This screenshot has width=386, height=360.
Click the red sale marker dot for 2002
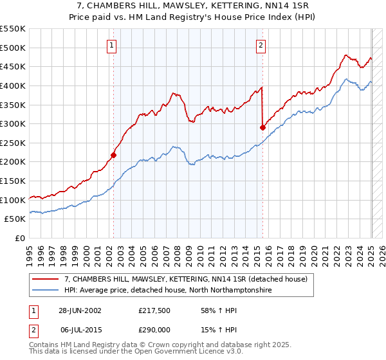(x=114, y=155)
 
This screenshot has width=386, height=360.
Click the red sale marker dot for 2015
(x=262, y=127)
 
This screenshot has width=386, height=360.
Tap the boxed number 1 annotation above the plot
(x=113, y=45)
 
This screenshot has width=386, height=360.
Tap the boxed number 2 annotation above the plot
(x=261, y=45)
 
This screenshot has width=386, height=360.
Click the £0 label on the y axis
(x=19, y=238)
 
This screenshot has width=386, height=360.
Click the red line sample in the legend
(x=46, y=280)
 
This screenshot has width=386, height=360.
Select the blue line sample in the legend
(x=46, y=291)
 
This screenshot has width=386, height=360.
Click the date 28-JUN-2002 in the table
(x=80, y=310)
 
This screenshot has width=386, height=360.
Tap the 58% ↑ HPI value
(x=209, y=310)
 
